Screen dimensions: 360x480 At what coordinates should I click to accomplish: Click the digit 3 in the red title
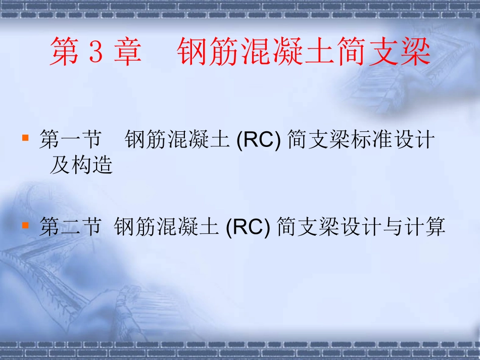point(95,53)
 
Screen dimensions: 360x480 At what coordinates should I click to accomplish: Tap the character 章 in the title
point(127,53)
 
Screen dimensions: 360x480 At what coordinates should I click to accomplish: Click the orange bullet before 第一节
point(25,137)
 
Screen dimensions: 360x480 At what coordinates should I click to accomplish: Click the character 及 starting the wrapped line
point(60,165)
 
